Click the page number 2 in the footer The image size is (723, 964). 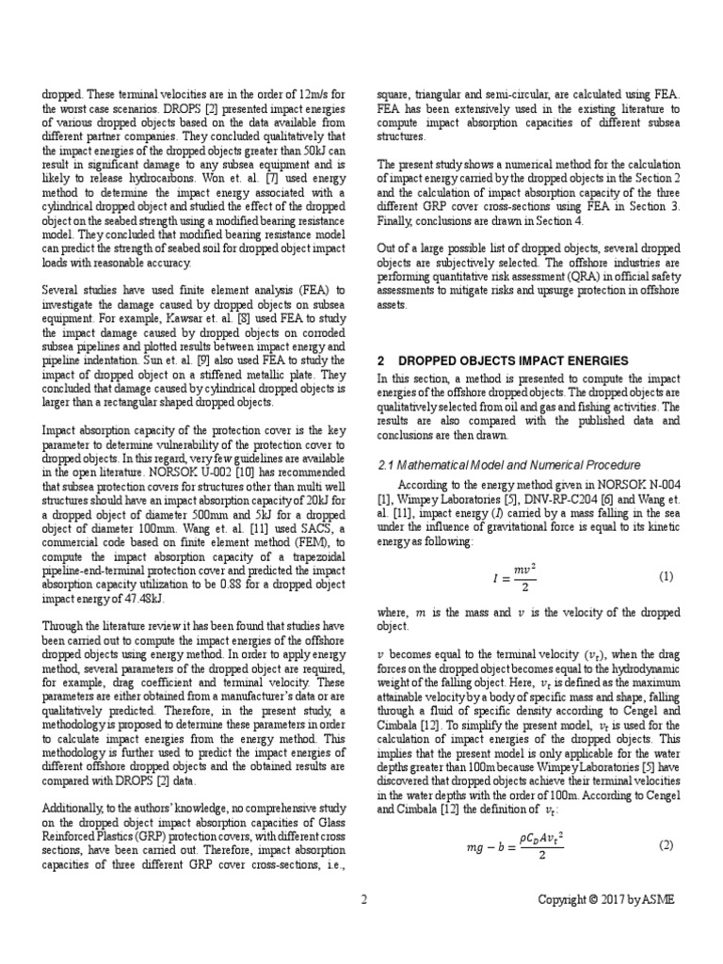click(x=363, y=899)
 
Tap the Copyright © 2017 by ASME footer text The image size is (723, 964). click(x=605, y=899)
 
